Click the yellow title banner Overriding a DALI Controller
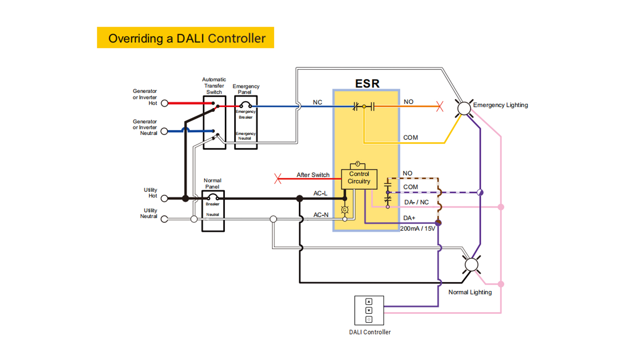pos(185,38)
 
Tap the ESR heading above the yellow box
pos(367,83)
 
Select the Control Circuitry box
pos(359,178)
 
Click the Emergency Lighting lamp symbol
pos(464,108)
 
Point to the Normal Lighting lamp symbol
pos(472,264)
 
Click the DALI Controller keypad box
pos(369,310)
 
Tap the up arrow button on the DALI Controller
pos(369,302)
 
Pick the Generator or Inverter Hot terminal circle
pos(164,103)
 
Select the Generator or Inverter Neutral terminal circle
pos(164,131)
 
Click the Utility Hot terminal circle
pos(164,198)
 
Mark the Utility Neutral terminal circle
pos(164,219)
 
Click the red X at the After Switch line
pos(278,178)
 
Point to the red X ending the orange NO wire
pos(440,107)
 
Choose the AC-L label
pos(320,193)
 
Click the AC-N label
pos(320,215)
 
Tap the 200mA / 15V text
pos(418,229)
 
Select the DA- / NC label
pos(416,202)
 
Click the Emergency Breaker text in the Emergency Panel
pos(245,114)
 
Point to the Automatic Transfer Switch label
pos(214,86)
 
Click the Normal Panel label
pos(212,183)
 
